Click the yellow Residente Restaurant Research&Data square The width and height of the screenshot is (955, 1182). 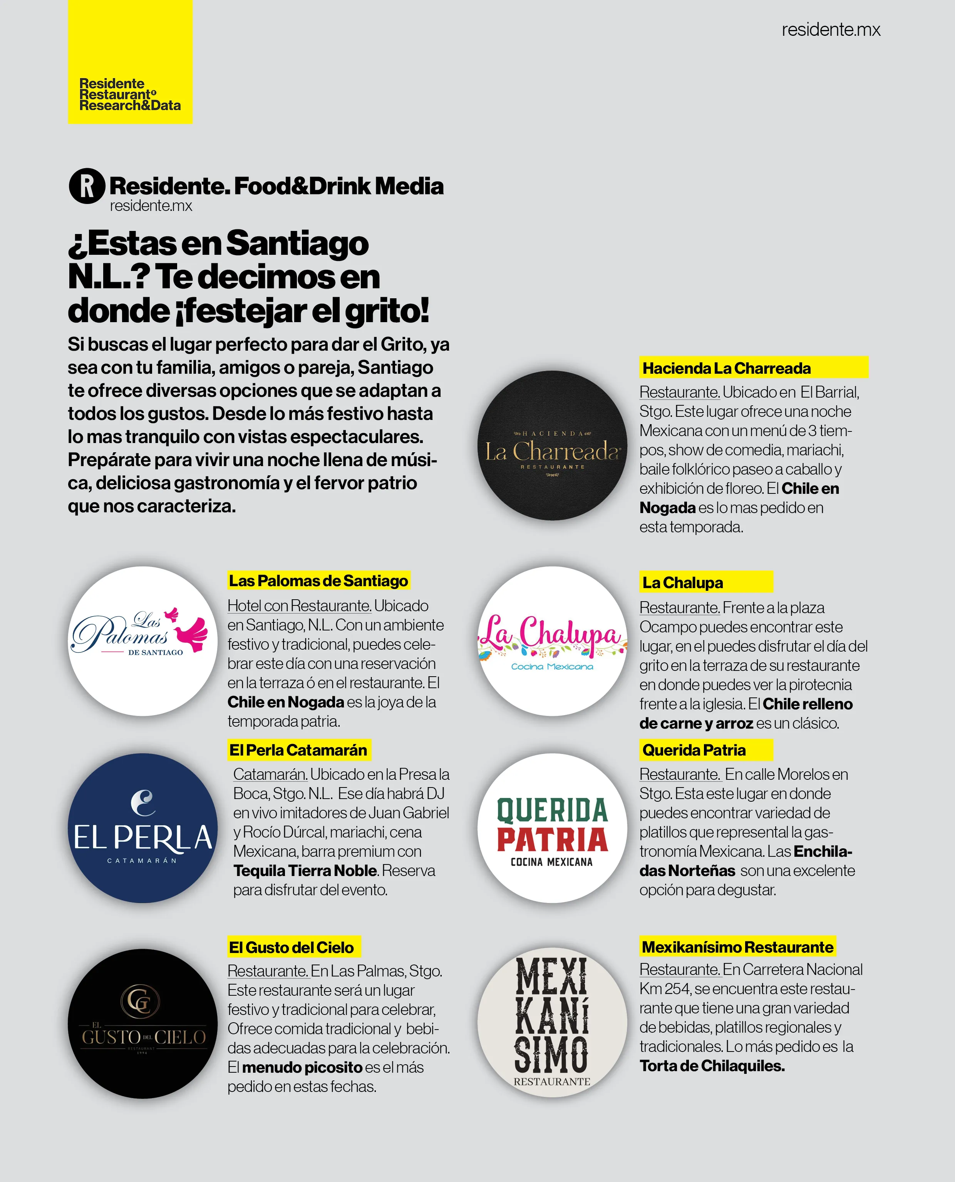pos(131,62)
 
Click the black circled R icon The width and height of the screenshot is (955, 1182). pos(87,186)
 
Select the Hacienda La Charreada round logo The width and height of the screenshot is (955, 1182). pos(552,445)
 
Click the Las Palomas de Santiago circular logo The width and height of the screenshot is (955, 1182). pos(143,641)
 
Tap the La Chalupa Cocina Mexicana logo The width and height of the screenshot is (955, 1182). pos(552,641)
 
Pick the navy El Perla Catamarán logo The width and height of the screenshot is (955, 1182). pos(143,828)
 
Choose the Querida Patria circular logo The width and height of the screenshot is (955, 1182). pos(552,828)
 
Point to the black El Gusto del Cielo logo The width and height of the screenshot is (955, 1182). pos(143,1024)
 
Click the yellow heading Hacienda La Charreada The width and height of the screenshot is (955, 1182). pos(726,368)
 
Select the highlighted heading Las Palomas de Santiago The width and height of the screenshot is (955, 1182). pos(318,580)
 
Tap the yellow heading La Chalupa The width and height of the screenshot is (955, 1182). pos(683,583)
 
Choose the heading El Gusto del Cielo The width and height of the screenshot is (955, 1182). pos(292,947)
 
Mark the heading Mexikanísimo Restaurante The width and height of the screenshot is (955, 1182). pos(737,947)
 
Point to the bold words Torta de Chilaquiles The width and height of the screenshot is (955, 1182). pos(712,1065)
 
